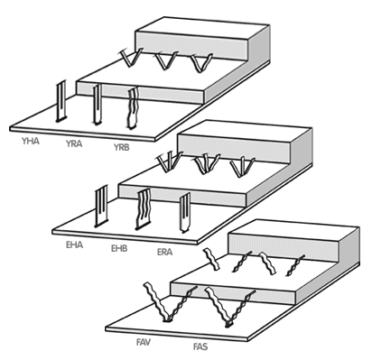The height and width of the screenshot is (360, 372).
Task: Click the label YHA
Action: click(x=31, y=141)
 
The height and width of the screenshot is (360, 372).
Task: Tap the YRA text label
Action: click(x=74, y=143)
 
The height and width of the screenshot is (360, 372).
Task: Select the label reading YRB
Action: click(x=121, y=147)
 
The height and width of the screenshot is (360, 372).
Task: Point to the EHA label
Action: click(x=74, y=245)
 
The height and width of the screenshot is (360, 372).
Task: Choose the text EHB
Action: click(x=119, y=248)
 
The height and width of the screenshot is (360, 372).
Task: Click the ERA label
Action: click(x=164, y=252)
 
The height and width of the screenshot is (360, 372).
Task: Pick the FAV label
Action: click(x=144, y=342)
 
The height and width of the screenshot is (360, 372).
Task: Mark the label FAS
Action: click(x=200, y=346)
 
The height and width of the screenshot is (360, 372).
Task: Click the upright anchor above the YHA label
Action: click(x=61, y=101)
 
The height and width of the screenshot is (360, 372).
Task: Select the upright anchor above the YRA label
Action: click(x=97, y=105)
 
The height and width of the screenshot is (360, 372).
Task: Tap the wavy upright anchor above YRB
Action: click(x=133, y=108)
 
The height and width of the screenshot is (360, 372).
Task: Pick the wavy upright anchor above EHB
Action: click(x=144, y=209)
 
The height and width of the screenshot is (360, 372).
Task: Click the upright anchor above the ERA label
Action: click(x=185, y=213)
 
